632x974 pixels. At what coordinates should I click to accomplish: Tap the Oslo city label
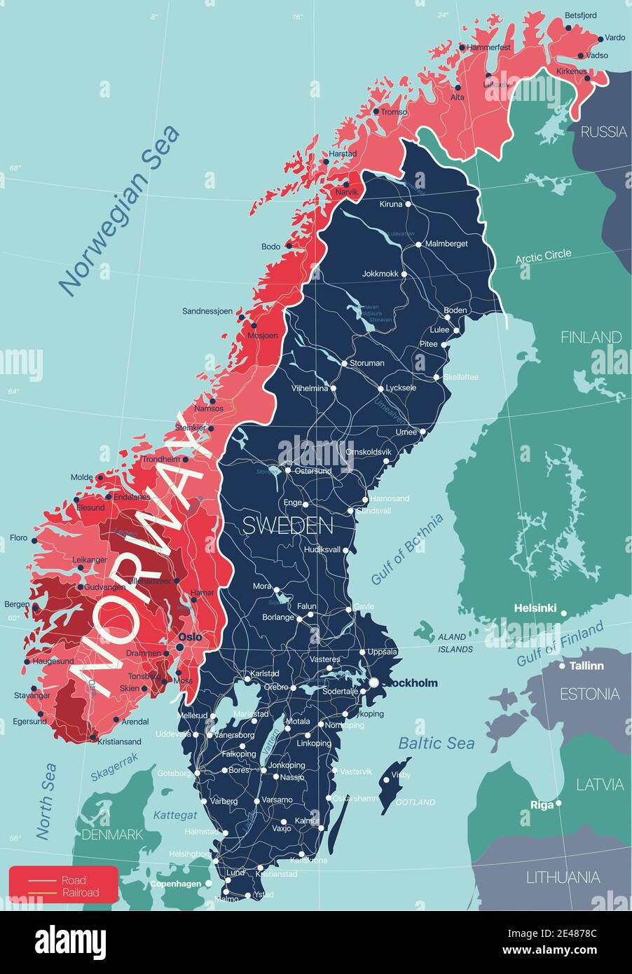point(190,637)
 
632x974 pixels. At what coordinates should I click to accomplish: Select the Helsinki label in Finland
point(535,608)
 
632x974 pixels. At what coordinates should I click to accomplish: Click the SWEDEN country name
point(287,525)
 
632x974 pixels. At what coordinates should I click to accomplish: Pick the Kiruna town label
point(391,205)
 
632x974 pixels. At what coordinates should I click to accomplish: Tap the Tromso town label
point(394,112)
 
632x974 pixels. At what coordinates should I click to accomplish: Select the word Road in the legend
point(74,880)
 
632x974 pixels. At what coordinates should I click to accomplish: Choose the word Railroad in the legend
point(80,893)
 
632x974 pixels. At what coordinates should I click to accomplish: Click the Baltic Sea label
point(436,743)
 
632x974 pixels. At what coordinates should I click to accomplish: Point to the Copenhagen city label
point(175,884)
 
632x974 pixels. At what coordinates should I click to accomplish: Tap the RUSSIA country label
point(603,131)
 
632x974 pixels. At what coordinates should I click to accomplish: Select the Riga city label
point(542,804)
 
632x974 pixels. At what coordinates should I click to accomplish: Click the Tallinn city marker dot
point(562,666)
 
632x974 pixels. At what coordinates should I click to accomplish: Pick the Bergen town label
point(17,604)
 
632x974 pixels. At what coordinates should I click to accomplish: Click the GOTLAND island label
point(415,802)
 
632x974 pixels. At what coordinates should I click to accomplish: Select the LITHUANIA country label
point(563,877)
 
